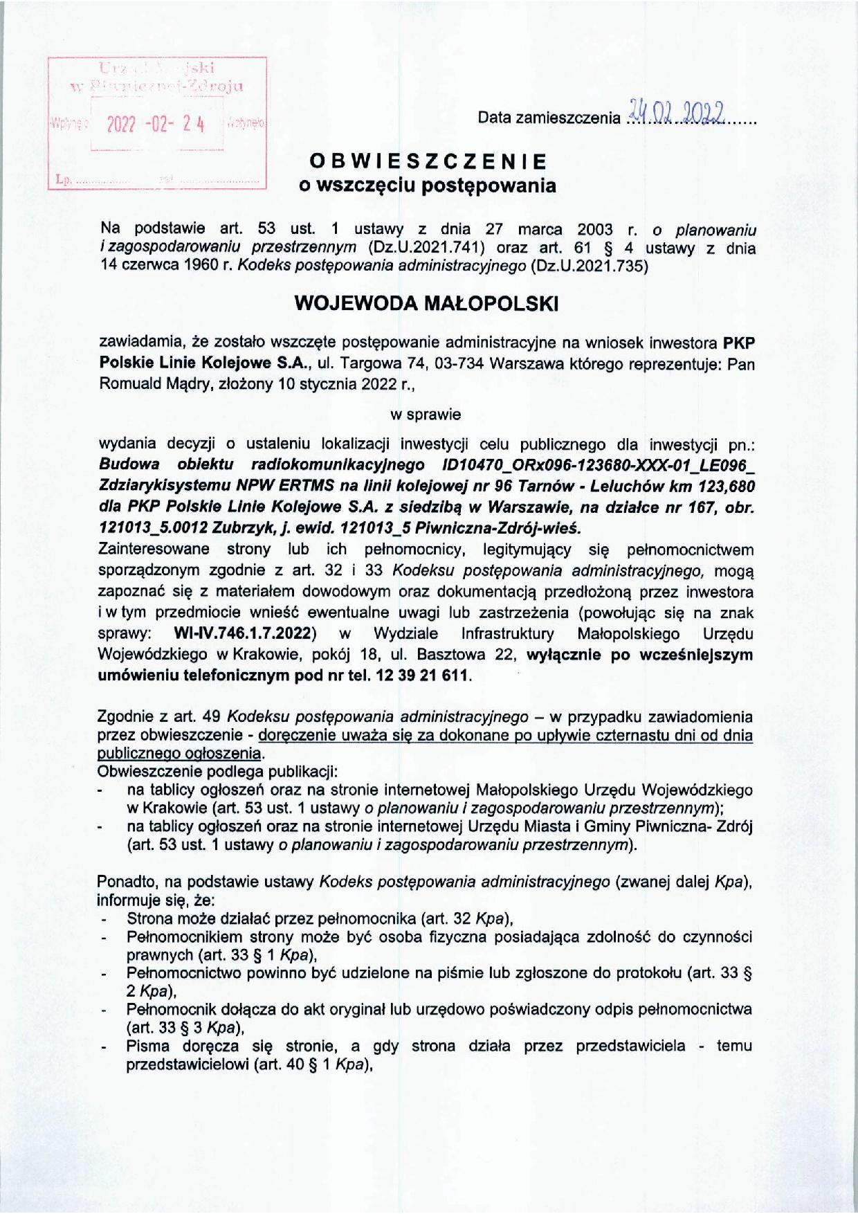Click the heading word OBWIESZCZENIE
click(x=428, y=161)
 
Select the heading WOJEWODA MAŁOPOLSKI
click(x=426, y=304)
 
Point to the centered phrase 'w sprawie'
click(x=426, y=415)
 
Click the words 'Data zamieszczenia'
click(x=549, y=118)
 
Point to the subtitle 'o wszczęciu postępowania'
click(x=427, y=185)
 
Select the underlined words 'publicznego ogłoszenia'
click(x=181, y=752)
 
